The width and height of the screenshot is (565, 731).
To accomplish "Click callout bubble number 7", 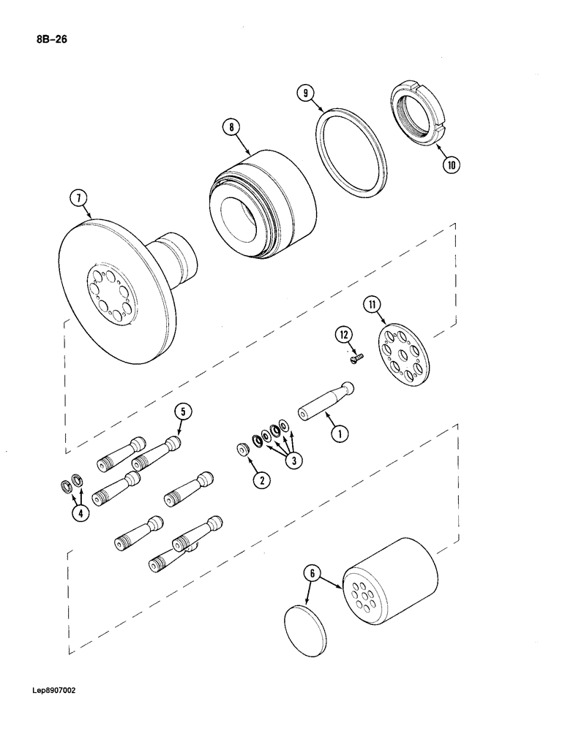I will tap(79, 198).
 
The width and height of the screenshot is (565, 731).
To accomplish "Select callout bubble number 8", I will tap(233, 128).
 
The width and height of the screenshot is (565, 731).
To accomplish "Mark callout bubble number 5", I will tap(184, 412).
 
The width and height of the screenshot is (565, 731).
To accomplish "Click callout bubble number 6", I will tap(313, 574).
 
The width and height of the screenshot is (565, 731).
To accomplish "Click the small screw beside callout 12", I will tap(356, 357).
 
